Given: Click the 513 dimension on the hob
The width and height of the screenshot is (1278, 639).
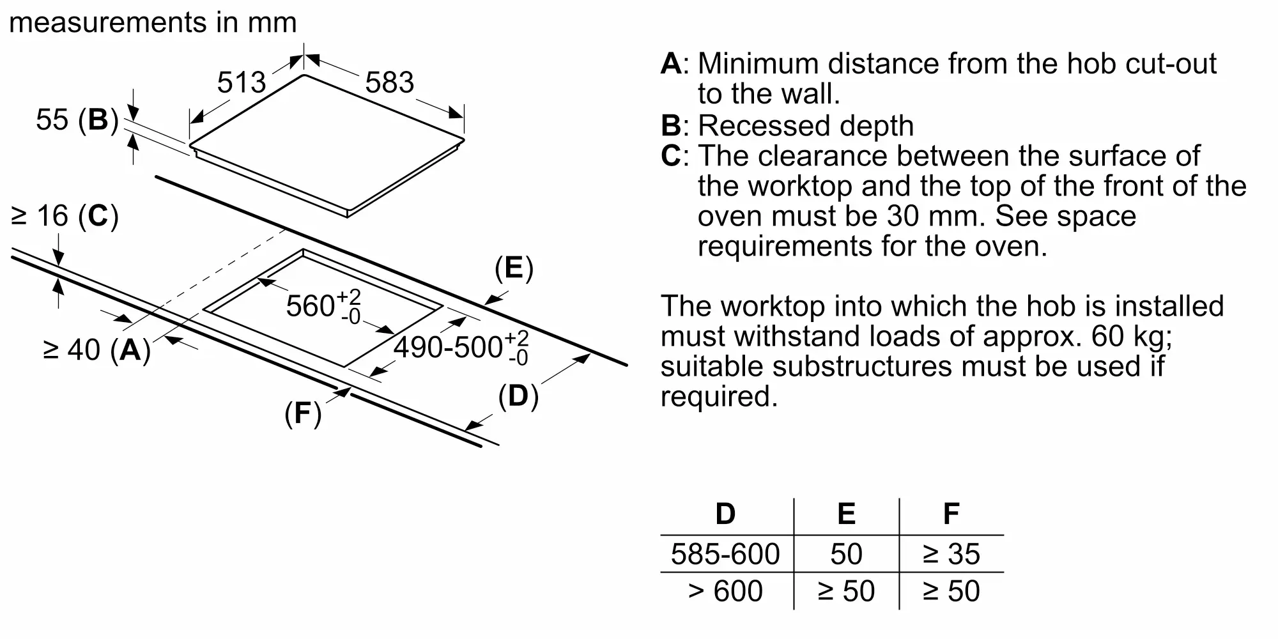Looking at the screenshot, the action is (242, 82).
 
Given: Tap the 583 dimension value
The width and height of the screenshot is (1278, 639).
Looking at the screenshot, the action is (390, 82).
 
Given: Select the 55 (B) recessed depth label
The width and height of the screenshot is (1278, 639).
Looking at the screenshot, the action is (77, 119).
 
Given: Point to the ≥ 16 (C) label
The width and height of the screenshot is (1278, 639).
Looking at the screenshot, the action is (65, 216).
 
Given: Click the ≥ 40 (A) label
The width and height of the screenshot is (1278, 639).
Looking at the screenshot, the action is (96, 350).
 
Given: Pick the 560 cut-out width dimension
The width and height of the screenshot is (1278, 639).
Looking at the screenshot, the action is (323, 306).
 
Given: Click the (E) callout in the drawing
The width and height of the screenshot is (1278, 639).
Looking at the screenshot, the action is (514, 268).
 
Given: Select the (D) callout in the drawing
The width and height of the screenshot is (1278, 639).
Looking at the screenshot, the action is (518, 396).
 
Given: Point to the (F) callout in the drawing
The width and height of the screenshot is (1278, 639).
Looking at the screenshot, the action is (303, 413).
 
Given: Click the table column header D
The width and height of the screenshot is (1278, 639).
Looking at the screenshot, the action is (725, 514).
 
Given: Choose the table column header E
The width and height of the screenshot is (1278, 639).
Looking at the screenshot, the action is (846, 514).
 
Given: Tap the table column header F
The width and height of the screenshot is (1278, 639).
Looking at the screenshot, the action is (951, 514).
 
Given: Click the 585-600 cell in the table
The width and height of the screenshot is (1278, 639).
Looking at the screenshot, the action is (725, 554).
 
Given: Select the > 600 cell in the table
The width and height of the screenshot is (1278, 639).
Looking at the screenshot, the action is (725, 591).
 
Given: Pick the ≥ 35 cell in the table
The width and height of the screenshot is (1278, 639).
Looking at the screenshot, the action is (951, 554).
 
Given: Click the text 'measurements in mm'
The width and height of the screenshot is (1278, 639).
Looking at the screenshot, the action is (153, 22).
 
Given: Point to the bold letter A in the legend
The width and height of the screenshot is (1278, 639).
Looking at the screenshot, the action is (671, 64).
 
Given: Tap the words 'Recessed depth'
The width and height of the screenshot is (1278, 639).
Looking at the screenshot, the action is (806, 126).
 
